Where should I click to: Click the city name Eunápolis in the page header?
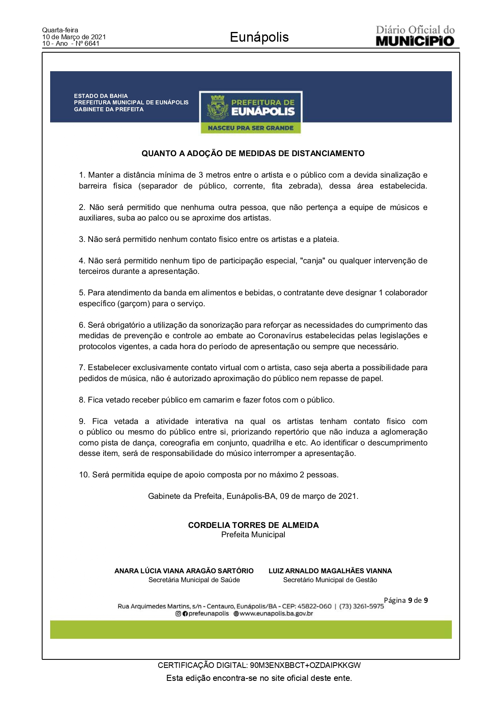click(259, 37)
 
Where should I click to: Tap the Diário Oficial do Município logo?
click(415, 36)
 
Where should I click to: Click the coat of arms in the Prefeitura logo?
click(218, 108)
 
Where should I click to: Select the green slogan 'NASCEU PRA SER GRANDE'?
click(250, 128)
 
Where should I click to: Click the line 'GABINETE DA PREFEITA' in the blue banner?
click(108, 109)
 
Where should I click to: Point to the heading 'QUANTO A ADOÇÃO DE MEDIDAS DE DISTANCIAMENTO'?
click(253, 154)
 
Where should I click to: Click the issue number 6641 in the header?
click(91, 44)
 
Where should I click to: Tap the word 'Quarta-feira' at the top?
click(60, 30)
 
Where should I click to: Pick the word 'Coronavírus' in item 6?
click(281, 336)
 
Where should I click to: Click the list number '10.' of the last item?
click(84, 475)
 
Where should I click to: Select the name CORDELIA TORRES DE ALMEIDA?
click(253, 525)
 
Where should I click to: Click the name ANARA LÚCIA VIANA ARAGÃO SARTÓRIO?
click(184, 571)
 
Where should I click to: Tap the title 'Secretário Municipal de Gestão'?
click(330, 580)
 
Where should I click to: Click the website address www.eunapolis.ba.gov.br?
click(276, 614)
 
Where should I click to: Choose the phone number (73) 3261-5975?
click(361, 606)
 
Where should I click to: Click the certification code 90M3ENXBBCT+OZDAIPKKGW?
click(305, 665)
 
